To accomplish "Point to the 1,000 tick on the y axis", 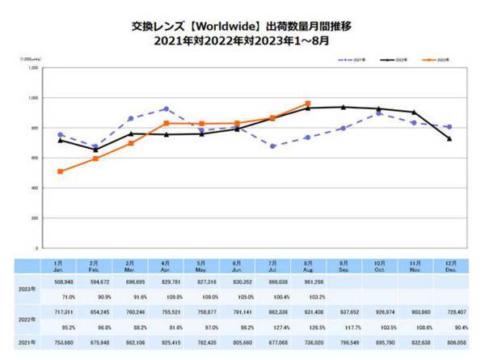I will [x=33, y=98].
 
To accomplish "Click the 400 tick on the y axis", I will [x=35, y=188].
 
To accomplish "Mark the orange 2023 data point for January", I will [x=61, y=172].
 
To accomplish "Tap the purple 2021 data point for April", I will [x=165, y=108].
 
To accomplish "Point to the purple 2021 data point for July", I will [x=273, y=146].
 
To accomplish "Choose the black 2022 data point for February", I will [x=95, y=150].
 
